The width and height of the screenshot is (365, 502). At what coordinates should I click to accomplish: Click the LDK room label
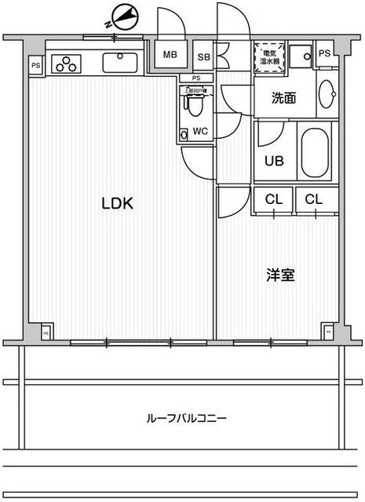tap(118, 203)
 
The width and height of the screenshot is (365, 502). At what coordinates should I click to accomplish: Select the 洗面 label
tap(283, 99)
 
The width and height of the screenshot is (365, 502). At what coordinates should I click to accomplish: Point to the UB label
tap(273, 161)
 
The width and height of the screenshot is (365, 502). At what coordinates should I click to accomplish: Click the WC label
tap(199, 131)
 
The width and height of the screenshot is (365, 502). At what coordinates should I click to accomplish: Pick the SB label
tap(203, 56)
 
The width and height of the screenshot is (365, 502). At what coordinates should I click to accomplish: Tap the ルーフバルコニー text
tap(186, 418)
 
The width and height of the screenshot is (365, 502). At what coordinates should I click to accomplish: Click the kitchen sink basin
tap(120, 61)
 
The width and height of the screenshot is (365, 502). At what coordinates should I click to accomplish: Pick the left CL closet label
tap(272, 199)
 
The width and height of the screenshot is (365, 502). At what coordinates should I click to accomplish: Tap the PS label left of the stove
tap(36, 66)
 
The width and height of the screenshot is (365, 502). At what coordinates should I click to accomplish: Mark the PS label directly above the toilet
tap(196, 78)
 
